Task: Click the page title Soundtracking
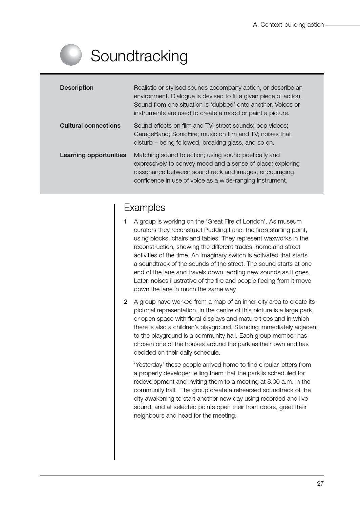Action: point(139,56)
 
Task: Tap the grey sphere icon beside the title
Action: point(71,55)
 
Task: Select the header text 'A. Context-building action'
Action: point(288,25)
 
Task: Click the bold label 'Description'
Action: point(77,88)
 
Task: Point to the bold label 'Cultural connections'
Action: point(90,126)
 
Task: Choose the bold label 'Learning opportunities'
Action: point(93,155)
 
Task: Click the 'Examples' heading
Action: point(144,208)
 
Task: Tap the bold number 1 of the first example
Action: point(125,222)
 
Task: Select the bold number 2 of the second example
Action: point(126,302)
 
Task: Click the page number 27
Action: point(320,484)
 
